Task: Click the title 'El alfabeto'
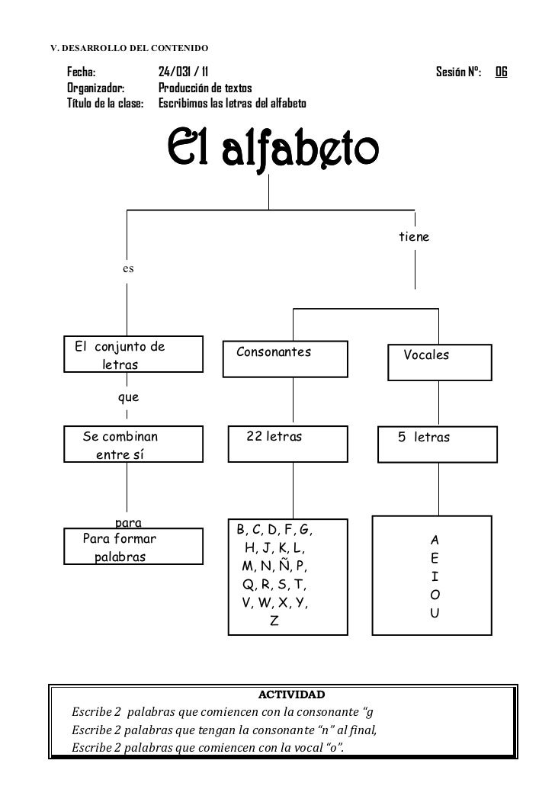click(x=271, y=150)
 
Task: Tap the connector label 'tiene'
click(x=414, y=237)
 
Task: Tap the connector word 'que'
click(x=127, y=397)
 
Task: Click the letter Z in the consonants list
click(x=274, y=621)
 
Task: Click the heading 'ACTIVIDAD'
click(x=291, y=695)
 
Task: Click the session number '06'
click(x=501, y=73)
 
